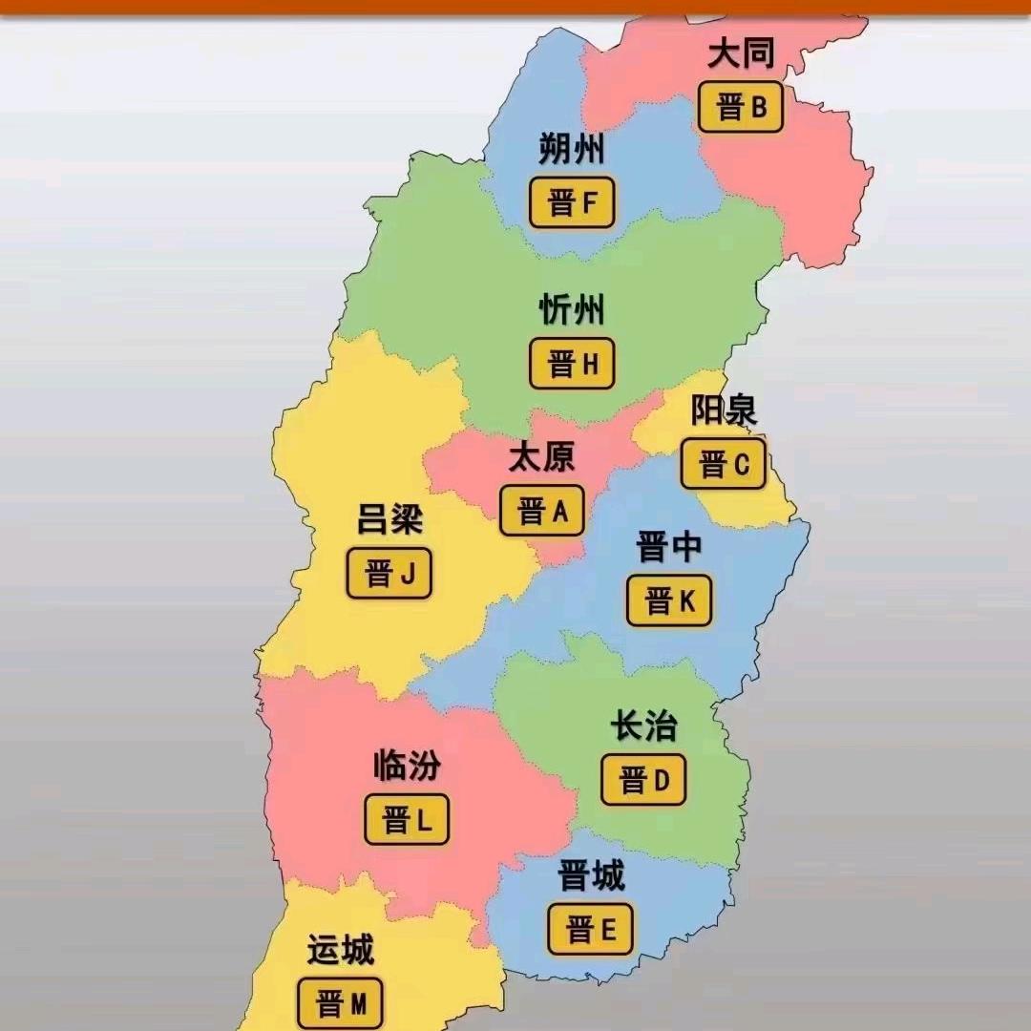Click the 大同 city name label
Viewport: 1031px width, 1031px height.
tap(741, 54)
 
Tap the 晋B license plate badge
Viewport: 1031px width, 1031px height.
tap(741, 107)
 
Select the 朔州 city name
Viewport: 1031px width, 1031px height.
tap(572, 150)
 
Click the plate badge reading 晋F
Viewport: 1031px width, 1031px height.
tap(572, 202)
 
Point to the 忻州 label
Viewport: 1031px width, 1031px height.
tap(572, 310)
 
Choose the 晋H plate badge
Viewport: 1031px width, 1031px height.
tap(572, 364)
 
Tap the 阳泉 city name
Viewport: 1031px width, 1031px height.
tap(724, 410)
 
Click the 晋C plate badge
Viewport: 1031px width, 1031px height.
tap(723, 465)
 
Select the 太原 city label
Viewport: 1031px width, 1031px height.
tap(541, 457)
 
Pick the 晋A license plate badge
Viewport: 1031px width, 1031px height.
tap(541, 511)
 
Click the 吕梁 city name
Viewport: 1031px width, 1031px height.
tap(389, 520)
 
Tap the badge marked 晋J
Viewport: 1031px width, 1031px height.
tap(389, 574)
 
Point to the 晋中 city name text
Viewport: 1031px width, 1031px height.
tap(669, 548)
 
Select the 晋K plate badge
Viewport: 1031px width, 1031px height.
tap(669, 601)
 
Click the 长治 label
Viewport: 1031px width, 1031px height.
tap(643, 726)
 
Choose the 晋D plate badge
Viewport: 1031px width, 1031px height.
tap(643, 780)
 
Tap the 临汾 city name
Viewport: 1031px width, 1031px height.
tap(407, 767)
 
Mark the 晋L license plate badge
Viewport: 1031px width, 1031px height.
tap(407, 819)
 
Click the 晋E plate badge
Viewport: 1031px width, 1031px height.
tap(590, 929)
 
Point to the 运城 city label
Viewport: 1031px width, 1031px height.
tap(340, 951)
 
